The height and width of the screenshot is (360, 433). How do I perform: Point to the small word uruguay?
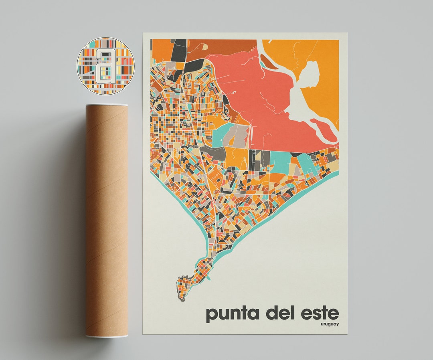(330, 324)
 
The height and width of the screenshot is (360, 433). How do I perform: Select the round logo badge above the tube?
(105, 66)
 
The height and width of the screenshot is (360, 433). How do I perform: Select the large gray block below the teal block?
(212, 153)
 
